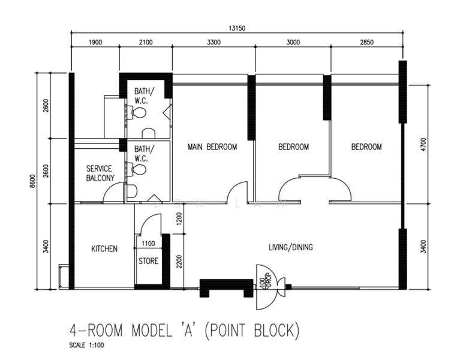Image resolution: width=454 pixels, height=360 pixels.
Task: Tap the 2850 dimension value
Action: coord(366,42)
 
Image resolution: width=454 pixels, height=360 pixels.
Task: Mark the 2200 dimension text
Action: coord(178,260)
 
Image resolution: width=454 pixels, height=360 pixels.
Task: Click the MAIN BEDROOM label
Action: coord(212,147)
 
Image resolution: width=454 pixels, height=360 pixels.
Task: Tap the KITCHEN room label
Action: coord(104,248)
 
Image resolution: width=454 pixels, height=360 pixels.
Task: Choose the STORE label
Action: coord(148,261)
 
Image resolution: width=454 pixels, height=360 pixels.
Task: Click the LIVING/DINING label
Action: coord(290,247)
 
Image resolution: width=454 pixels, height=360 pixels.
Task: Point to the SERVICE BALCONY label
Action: coord(99,173)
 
